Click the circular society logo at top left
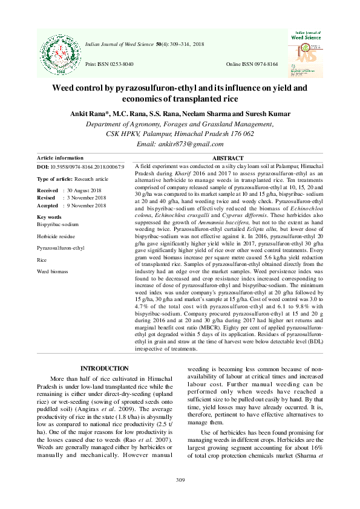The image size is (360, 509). pos(61,51)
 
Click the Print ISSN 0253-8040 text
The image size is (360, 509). pos(110,63)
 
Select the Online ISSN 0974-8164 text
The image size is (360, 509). pos(252,63)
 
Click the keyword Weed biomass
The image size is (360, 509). pos(53,272)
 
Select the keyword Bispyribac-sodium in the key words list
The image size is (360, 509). pos(57,224)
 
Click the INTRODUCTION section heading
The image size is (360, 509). pos(105,369)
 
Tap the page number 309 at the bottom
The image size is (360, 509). pos(180,480)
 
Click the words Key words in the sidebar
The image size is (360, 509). pos(49,216)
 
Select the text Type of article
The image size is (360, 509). pos(54,180)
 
